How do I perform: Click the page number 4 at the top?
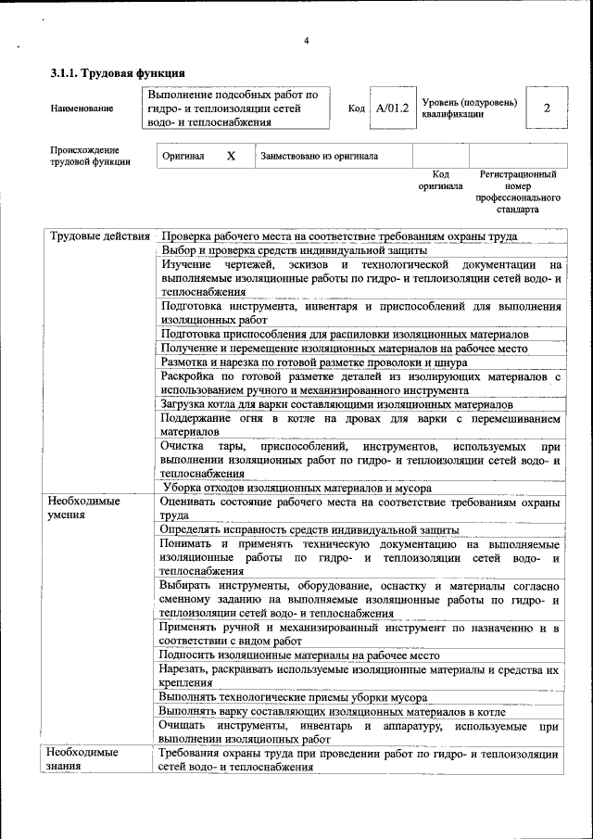tap(306, 39)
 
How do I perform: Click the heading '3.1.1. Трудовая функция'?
tap(118, 72)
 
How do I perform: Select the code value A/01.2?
tap(392, 108)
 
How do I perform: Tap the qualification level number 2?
tap(547, 108)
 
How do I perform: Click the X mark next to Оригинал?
tap(231, 157)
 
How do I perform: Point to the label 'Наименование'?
tap(82, 108)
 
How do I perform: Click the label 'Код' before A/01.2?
tap(356, 108)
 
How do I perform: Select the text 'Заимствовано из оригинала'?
tap(320, 157)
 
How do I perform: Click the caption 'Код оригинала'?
tap(440, 180)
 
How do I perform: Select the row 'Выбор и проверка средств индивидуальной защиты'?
tap(294, 250)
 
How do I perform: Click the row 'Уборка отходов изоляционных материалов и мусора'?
tap(297, 488)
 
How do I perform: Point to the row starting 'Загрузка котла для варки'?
tap(336, 405)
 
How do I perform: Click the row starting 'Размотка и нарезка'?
tap(314, 362)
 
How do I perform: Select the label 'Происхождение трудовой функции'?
tap(85, 156)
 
